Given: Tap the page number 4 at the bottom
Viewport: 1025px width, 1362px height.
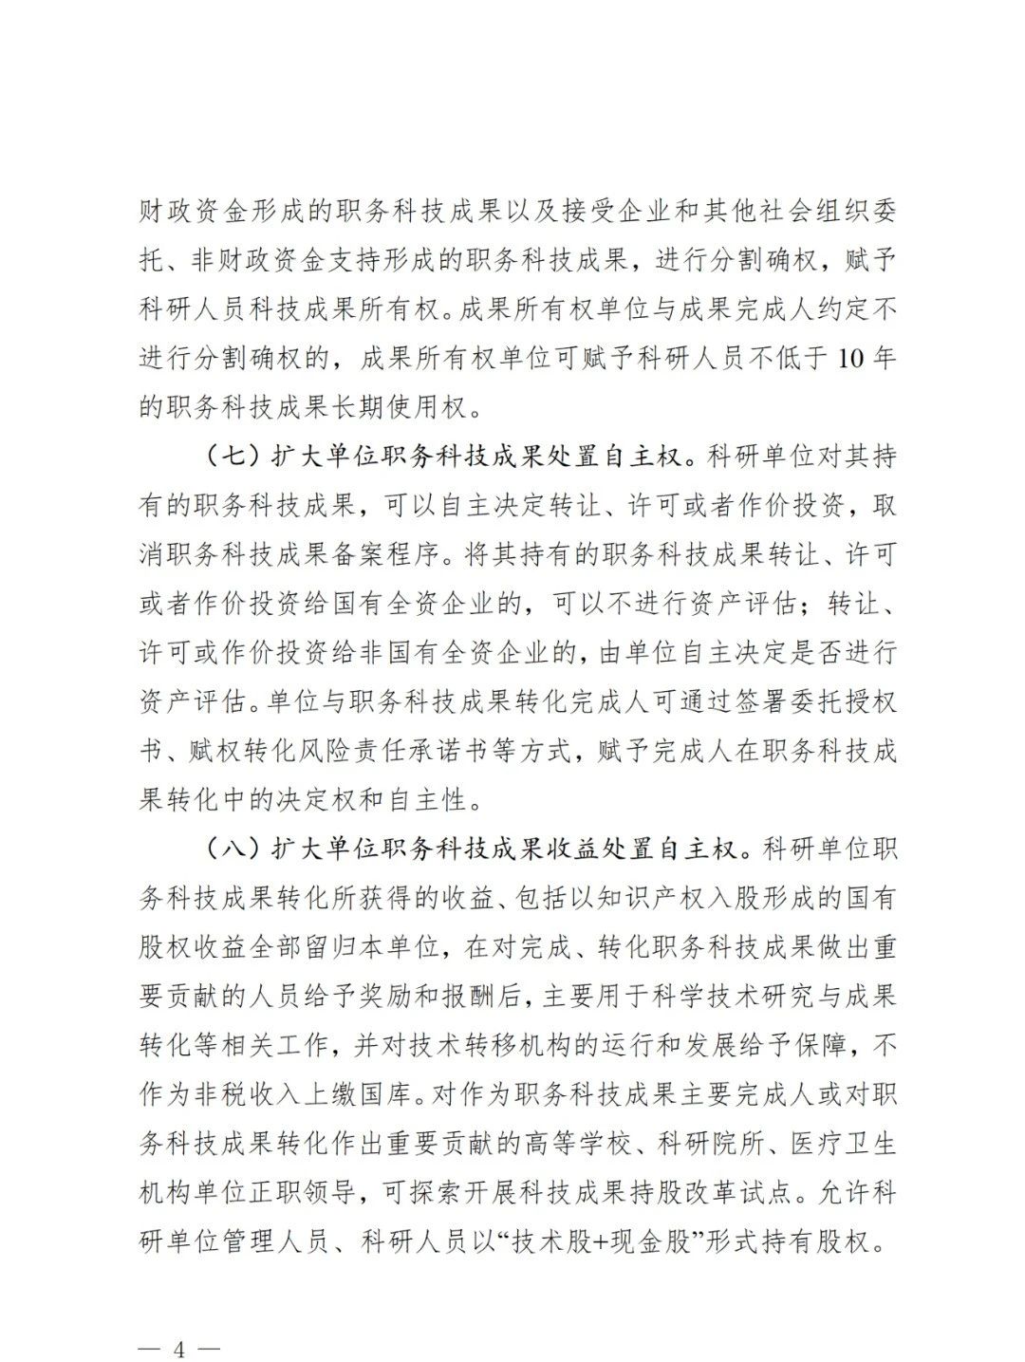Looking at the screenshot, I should click(x=178, y=1321).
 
